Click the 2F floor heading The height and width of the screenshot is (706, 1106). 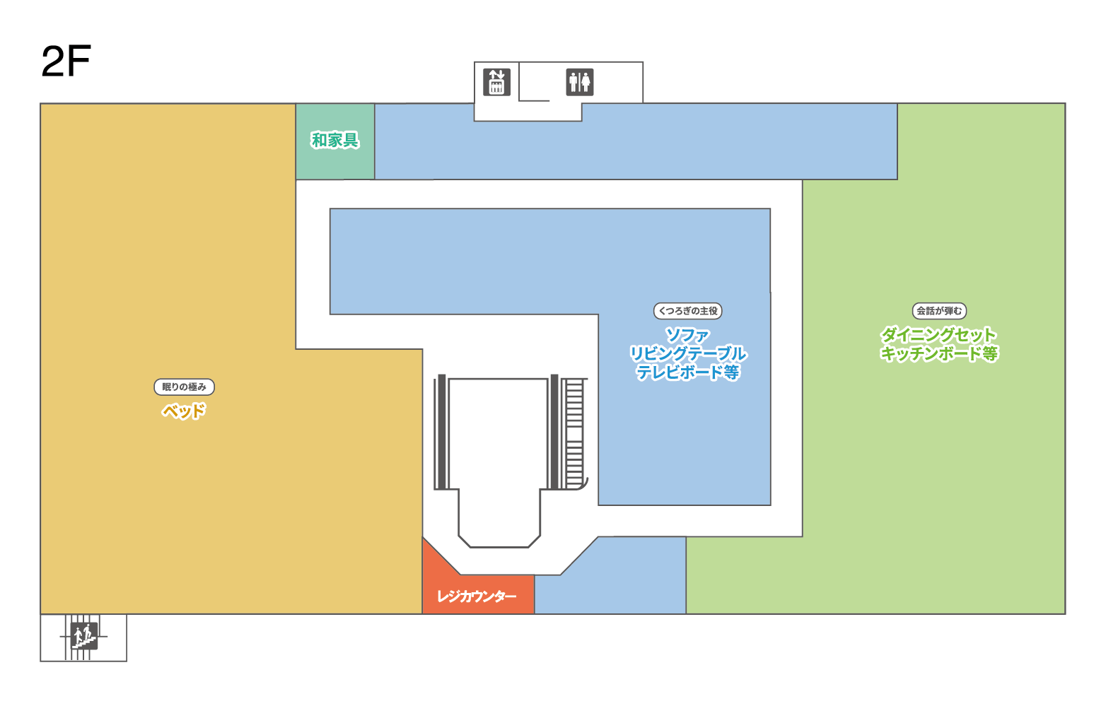tap(66, 61)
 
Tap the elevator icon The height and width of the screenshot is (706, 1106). tap(496, 82)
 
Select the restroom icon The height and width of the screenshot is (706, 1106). tap(580, 82)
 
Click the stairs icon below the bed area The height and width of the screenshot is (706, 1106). tap(83, 637)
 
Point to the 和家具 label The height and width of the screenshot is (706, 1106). tap(334, 140)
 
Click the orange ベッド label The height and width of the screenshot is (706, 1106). tap(184, 411)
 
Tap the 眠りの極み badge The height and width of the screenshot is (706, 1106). tap(184, 387)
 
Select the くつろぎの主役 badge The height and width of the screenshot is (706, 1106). tap(688, 311)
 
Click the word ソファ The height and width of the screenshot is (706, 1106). tap(688, 336)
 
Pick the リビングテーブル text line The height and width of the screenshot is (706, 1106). tap(688, 354)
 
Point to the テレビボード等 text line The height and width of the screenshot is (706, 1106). tap(688, 372)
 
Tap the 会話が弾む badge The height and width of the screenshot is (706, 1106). tap(939, 311)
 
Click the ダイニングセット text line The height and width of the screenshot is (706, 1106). tap(939, 335)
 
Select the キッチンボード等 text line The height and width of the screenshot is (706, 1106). tap(939, 353)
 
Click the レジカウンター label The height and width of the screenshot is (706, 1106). tap(477, 596)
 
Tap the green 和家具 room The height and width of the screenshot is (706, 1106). tap(335, 141)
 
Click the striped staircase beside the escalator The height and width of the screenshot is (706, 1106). tap(574, 434)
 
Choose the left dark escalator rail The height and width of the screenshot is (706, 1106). tap(441, 432)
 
